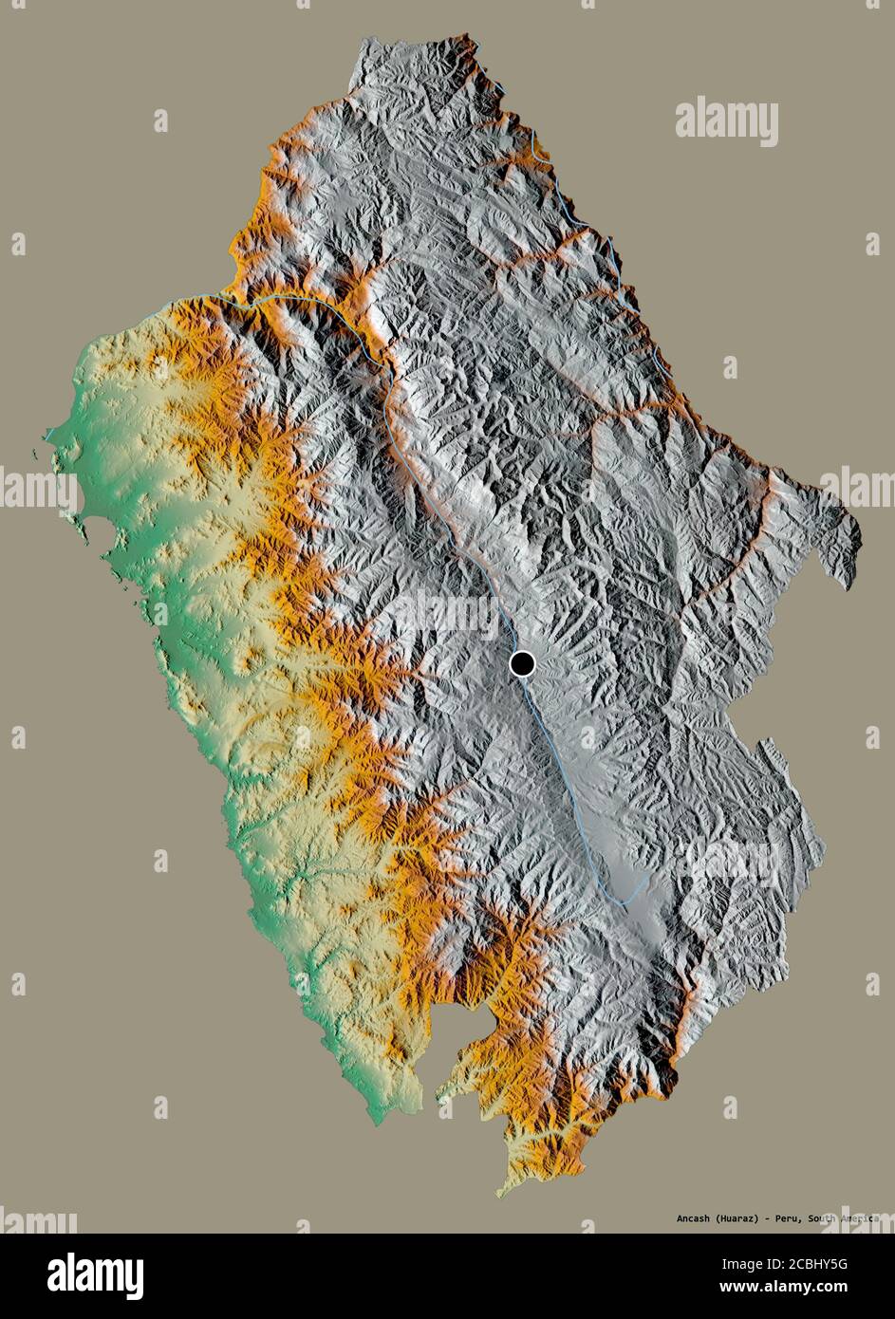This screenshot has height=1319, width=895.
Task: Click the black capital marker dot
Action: (522, 663)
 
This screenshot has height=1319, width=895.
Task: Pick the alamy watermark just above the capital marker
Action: (446, 611)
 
